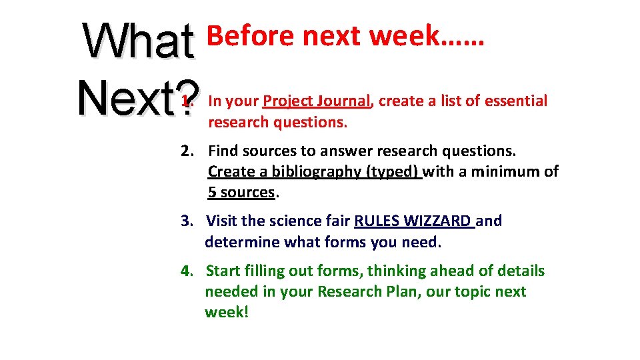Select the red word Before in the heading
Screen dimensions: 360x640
[x=251, y=36]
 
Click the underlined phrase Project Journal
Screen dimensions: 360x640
[x=317, y=101]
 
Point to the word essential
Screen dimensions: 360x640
[x=515, y=101]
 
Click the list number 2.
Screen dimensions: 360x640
[x=187, y=151]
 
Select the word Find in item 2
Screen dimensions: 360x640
[x=223, y=151]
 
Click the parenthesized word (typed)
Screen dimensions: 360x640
[x=393, y=172]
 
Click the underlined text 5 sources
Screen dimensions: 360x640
[x=241, y=193]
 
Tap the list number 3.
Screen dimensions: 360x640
[x=187, y=221]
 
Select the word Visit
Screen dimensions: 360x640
[x=223, y=221]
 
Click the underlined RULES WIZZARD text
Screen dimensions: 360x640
[x=413, y=221]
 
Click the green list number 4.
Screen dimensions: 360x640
[x=187, y=271]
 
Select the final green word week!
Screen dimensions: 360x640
[x=227, y=313]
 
